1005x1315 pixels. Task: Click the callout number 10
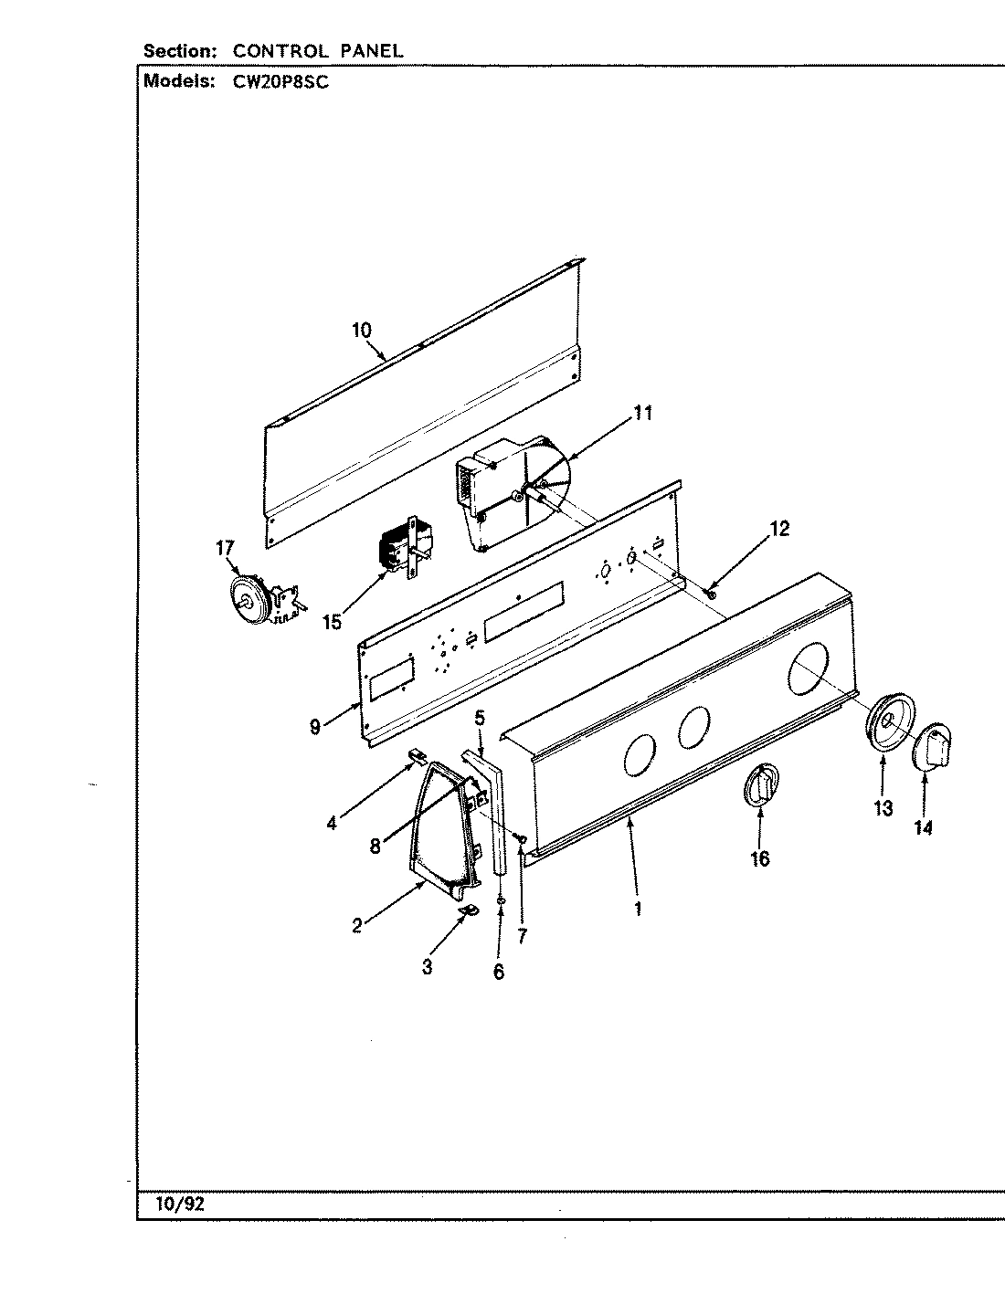pos(362,330)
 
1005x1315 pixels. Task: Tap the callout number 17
pos(225,548)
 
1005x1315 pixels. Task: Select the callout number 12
pos(778,529)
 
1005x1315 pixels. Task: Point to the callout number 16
pos(759,858)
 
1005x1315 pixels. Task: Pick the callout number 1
pos(638,909)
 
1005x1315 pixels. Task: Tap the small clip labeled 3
pos(470,910)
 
